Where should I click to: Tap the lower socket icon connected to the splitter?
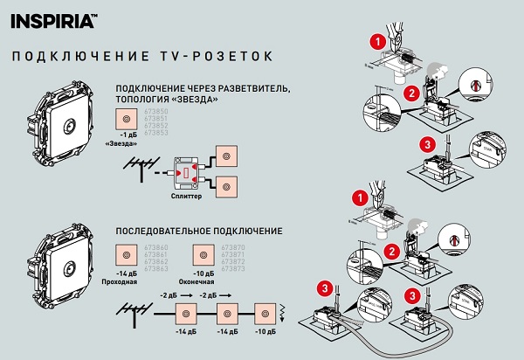coord(228,186)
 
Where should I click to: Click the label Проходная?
coord(129,282)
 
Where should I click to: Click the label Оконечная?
coord(205,282)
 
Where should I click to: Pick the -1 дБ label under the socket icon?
coord(128,135)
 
